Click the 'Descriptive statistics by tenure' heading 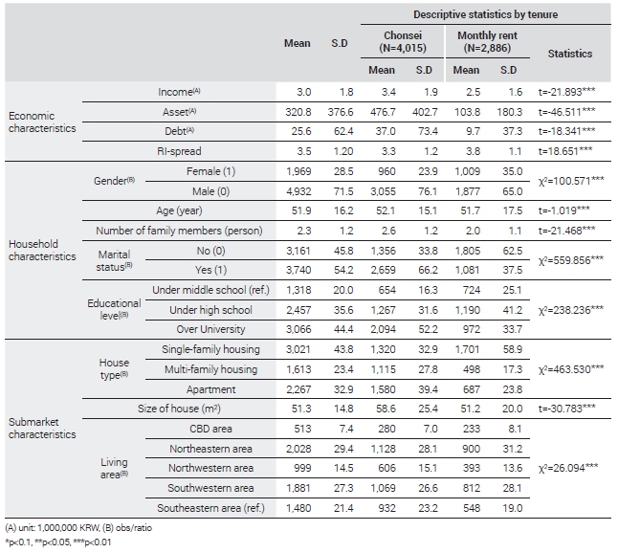pyautogui.click(x=485, y=14)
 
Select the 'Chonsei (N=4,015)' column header pyautogui.click(x=403, y=41)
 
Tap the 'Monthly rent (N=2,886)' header pyautogui.click(x=487, y=41)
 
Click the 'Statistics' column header pyautogui.click(x=570, y=54)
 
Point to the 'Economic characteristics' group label pyautogui.click(x=42, y=122)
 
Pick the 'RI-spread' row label pyautogui.click(x=179, y=151)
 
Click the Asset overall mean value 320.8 pyautogui.click(x=298, y=112)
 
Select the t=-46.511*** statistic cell pyautogui.click(x=566, y=112)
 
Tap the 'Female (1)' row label pyautogui.click(x=210, y=171)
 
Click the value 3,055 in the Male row pyautogui.click(x=383, y=191)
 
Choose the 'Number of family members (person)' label pyautogui.click(x=179, y=231)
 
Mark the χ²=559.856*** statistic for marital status pyautogui.click(x=571, y=260)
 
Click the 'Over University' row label pyautogui.click(x=210, y=329)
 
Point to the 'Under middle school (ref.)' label pyautogui.click(x=210, y=290)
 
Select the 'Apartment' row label pyautogui.click(x=210, y=389)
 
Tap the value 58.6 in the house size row pyautogui.click(x=386, y=409)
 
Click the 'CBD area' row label pyautogui.click(x=210, y=429)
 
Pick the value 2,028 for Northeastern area pyautogui.click(x=298, y=449)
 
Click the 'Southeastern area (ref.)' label pyautogui.click(x=210, y=508)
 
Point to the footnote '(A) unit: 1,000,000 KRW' pyautogui.click(x=53, y=528)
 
